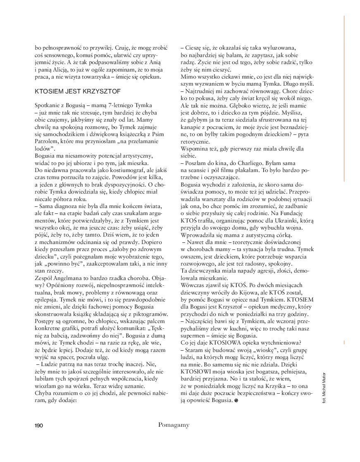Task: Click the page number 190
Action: pos(38,425)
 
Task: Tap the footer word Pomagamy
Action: pos(174,425)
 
